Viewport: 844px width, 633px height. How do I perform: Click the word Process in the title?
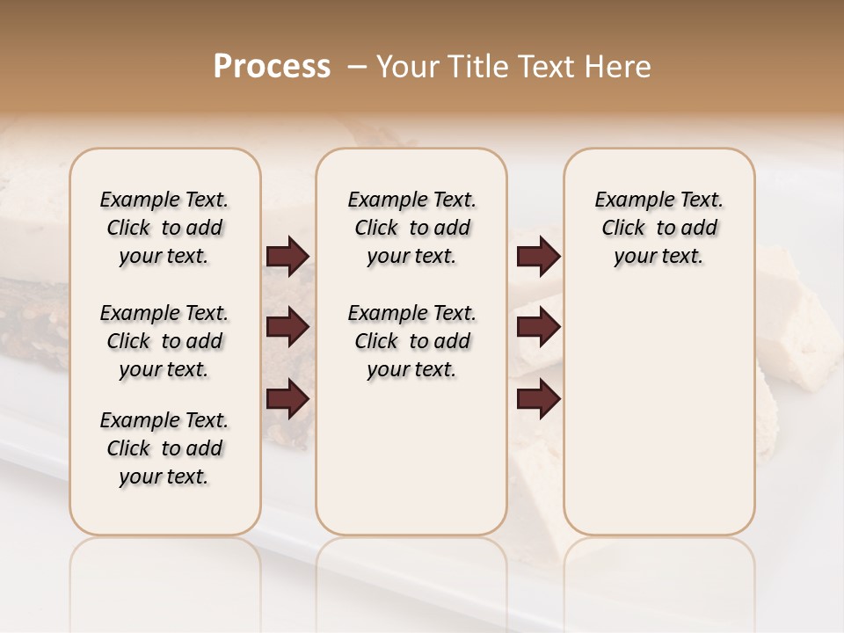coord(272,67)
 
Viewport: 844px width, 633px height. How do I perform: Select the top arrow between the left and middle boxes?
coord(287,257)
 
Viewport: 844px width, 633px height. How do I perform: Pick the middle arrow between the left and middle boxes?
coord(287,327)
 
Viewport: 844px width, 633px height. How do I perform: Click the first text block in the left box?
coord(164,228)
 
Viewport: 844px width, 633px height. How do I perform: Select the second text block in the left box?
coord(164,341)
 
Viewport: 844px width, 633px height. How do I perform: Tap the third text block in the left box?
coord(164,448)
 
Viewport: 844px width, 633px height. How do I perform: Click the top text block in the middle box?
coord(411,228)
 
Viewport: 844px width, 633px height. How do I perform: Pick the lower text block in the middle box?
coord(411,341)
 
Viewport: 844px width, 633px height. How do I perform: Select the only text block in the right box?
coord(658,228)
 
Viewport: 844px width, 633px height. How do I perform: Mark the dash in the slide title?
coord(356,67)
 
